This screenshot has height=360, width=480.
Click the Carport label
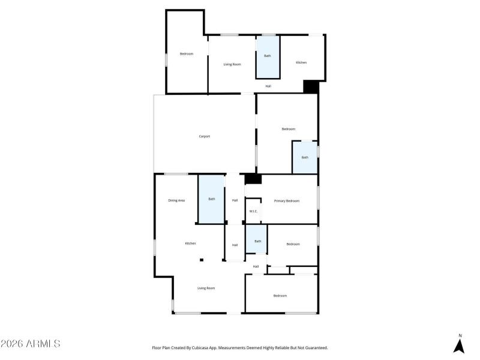pyautogui.click(x=205, y=136)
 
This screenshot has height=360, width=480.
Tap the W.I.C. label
pyautogui.click(x=253, y=211)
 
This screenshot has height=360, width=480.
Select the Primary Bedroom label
pyautogui.click(x=286, y=200)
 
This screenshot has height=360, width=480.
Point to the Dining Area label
pyautogui.click(x=176, y=200)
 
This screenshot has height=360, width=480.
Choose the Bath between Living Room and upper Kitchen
pyautogui.click(x=268, y=56)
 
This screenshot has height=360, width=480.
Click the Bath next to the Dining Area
pyautogui.click(x=211, y=199)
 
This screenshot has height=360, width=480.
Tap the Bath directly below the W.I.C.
pyautogui.click(x=257, y=241)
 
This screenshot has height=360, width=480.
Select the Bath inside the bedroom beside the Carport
pyautogui.click(x=305, y=157)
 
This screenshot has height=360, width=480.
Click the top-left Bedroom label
pyautogui.click(x=187, y=54)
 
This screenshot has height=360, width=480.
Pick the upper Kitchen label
pyautogui.click(x=301, y=62)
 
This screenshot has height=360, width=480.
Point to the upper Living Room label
pyautogui.click(x=232, y=64)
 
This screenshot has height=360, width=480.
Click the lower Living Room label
pyautogui.click(x=206, y=288)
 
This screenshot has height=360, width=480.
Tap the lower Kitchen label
pyautogui.click(x=190, y=243)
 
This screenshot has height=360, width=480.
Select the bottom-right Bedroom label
pyautogui.click(x=280, y=295)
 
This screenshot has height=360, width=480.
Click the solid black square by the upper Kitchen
pyautogui.click(x=310, y=87)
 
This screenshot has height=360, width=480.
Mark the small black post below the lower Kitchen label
pyautogui.click(x=202, y=260)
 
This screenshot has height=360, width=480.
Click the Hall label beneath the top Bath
pyautogui.click(x=268, y=86)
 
